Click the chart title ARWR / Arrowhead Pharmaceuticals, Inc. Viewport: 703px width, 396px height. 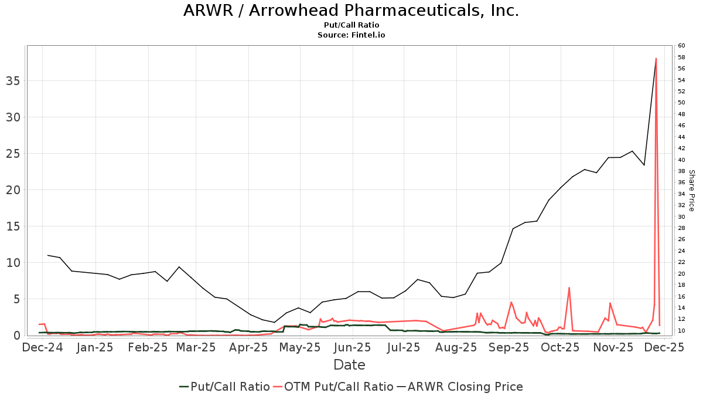[x=351, y=11]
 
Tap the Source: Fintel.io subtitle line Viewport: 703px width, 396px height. [x=351, y=35]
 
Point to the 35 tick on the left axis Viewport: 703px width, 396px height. [x=12, y=80]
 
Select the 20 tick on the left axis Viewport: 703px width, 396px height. [x=12, y=189]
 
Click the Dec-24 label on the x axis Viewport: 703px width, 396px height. [x=43, y=347]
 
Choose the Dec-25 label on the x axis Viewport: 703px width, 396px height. [x=664, y=347]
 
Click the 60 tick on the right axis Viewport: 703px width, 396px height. [x=681, y=46]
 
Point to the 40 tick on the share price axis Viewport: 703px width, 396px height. [x=681, y=160]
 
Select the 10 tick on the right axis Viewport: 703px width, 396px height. [x=681, y=331]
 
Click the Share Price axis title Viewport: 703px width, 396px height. [x=691, y=191]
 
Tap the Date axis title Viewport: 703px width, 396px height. [x=349, y=365]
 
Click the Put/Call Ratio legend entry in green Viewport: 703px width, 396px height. [x=225, y=387]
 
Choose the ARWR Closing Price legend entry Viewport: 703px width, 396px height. [x=460, y=387]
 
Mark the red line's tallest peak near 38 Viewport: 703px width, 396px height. [x=656, y=58]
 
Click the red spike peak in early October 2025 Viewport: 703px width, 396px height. [x=569, y=287]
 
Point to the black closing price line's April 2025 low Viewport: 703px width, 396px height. [x=274, y=322]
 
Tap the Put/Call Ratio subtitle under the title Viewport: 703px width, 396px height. [x=351, y=25]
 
